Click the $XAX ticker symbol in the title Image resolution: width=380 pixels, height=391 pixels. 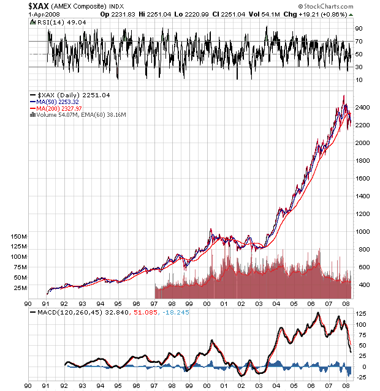39,6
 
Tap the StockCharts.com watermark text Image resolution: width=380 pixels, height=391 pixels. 326,6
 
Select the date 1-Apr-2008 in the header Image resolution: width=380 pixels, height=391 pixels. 44,15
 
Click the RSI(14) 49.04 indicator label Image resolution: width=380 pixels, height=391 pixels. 58,23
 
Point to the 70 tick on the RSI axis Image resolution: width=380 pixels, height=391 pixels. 359,42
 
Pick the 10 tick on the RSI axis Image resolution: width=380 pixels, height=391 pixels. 359,80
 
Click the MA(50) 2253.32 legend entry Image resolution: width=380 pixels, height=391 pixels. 55,102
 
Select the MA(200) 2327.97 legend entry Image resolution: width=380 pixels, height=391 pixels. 56,109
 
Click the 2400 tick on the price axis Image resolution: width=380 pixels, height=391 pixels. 363,108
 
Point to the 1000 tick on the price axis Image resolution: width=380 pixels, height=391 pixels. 363,232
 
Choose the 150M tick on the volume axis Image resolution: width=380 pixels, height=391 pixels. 18,236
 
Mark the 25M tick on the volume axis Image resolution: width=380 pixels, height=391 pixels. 20,288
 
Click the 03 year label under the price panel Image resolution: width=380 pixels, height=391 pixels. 259,303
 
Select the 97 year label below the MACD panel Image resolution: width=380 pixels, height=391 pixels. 154,386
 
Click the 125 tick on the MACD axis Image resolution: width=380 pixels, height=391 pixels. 360,314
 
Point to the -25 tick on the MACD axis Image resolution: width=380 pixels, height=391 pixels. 360,378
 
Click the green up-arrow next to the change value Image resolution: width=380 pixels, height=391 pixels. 351,15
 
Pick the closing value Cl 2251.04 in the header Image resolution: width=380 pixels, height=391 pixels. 229,15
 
